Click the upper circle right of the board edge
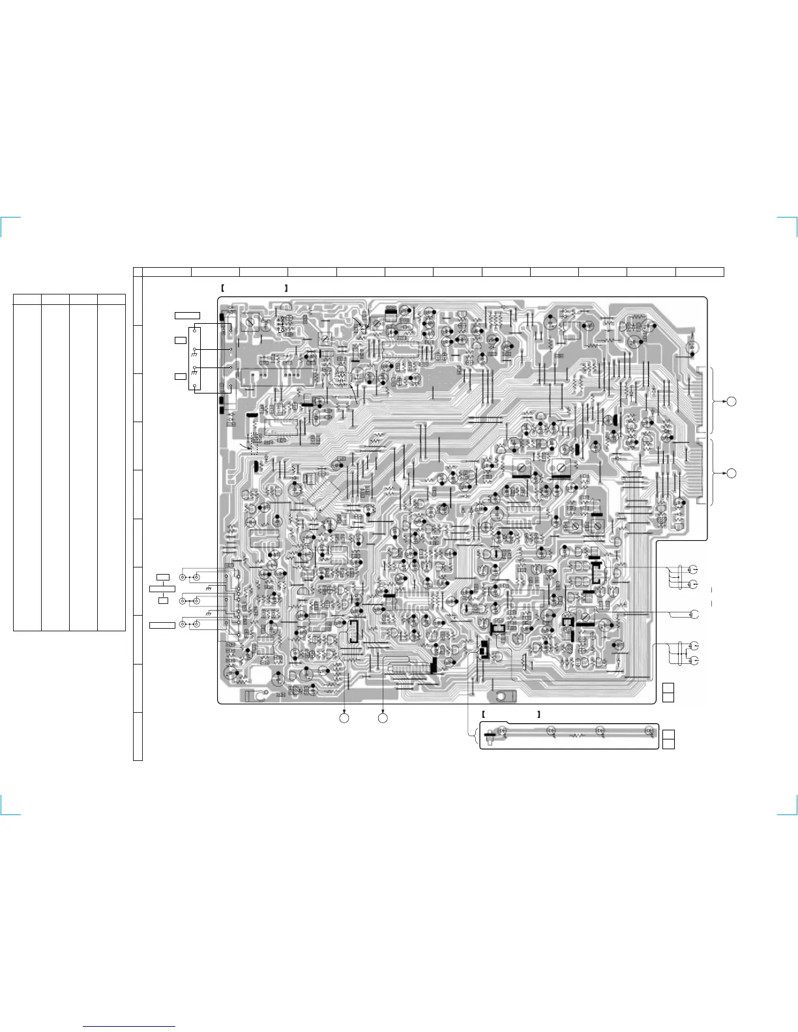tap(731, 401)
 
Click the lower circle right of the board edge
tap(731, 473)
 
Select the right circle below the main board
tap(383, 718)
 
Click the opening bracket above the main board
tap(222, 287)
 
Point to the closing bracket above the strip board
tap(539, 714)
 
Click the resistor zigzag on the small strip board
tap(576, 736)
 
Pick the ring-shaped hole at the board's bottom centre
tap(501, 698)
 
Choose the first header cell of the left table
tap(27, 298)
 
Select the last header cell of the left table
tap(111, 298)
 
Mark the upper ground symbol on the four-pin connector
tap(194, 354)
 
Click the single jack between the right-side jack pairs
tap(694, 614)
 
